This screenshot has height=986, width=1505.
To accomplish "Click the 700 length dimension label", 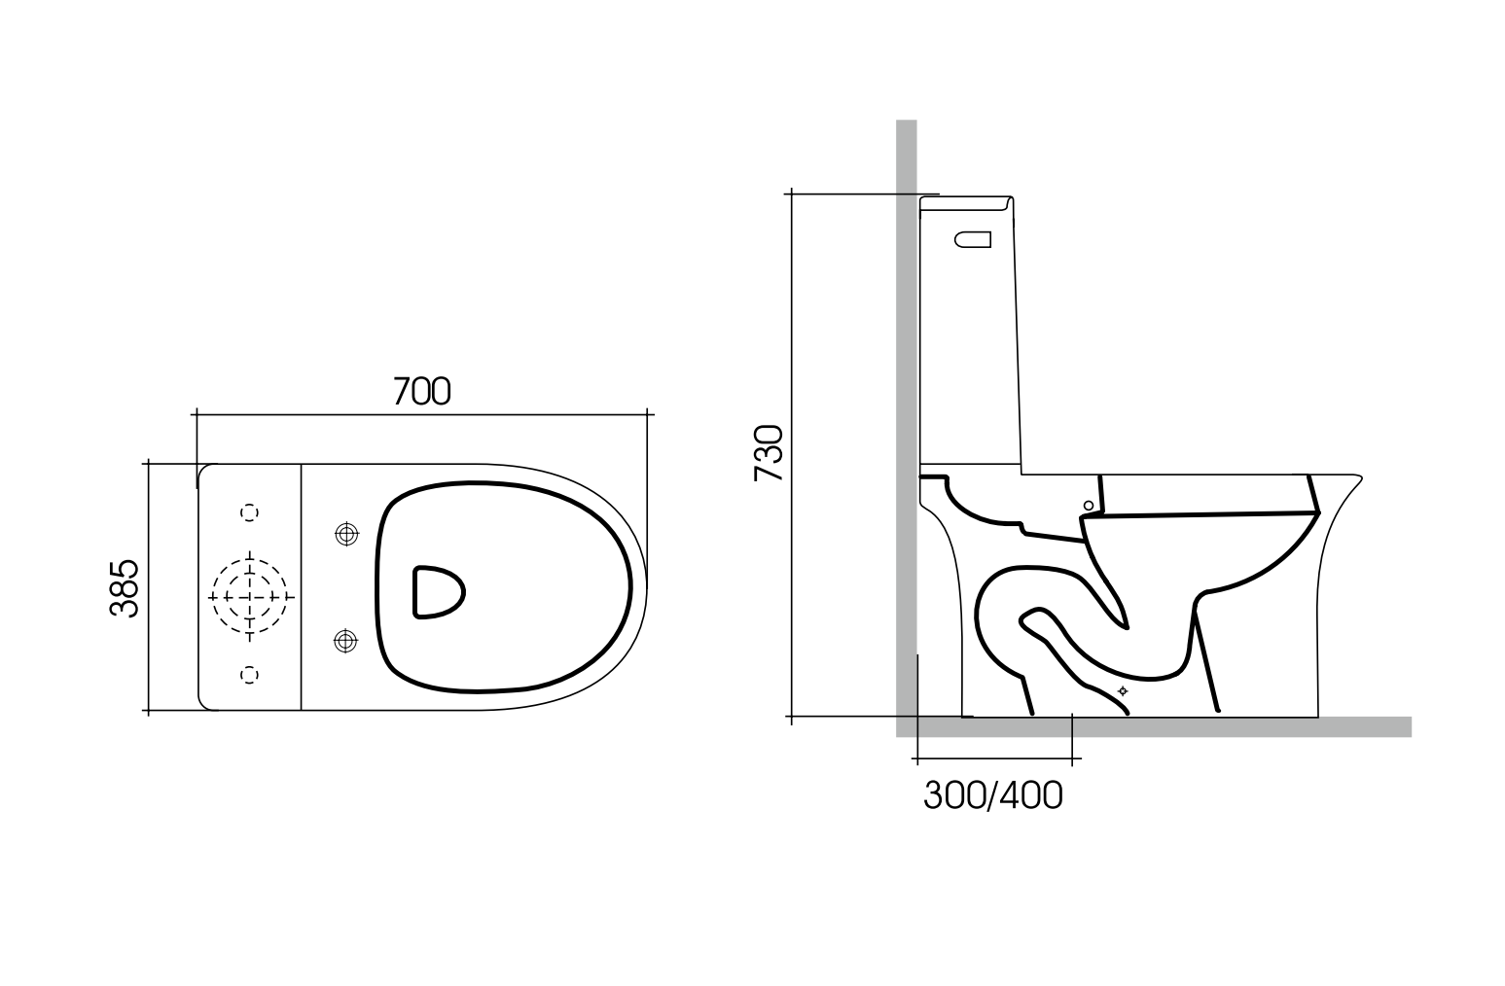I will click(421, 391).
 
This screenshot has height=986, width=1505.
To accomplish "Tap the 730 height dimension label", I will click(769, 453).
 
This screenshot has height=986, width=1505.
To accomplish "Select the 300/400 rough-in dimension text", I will click(992, 795).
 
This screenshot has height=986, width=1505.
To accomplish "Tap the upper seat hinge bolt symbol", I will click(344, 534).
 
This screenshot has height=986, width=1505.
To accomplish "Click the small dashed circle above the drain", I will click(250, 511).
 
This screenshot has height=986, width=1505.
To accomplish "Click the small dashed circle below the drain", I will click(250, 674).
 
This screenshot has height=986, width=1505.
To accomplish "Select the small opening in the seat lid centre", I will click(438, 591).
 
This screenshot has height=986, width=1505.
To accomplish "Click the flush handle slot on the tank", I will click(973, 238).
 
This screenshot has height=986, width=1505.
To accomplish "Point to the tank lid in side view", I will click(967, 203).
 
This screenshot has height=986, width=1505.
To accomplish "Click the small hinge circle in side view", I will click(1089, 505).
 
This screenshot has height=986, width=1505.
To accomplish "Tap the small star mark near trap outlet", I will click(1123, 690).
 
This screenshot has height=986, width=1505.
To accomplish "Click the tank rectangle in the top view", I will click(250, 587).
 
